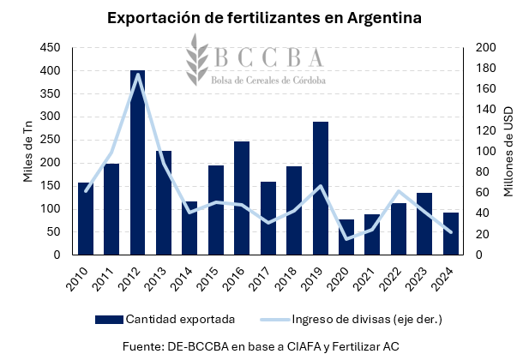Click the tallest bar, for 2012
(137, 163)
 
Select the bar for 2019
(321, 189)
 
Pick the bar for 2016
(242, 198)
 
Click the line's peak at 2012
(137, 75)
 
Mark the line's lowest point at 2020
(346, 238)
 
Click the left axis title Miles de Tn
(27, 152)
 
